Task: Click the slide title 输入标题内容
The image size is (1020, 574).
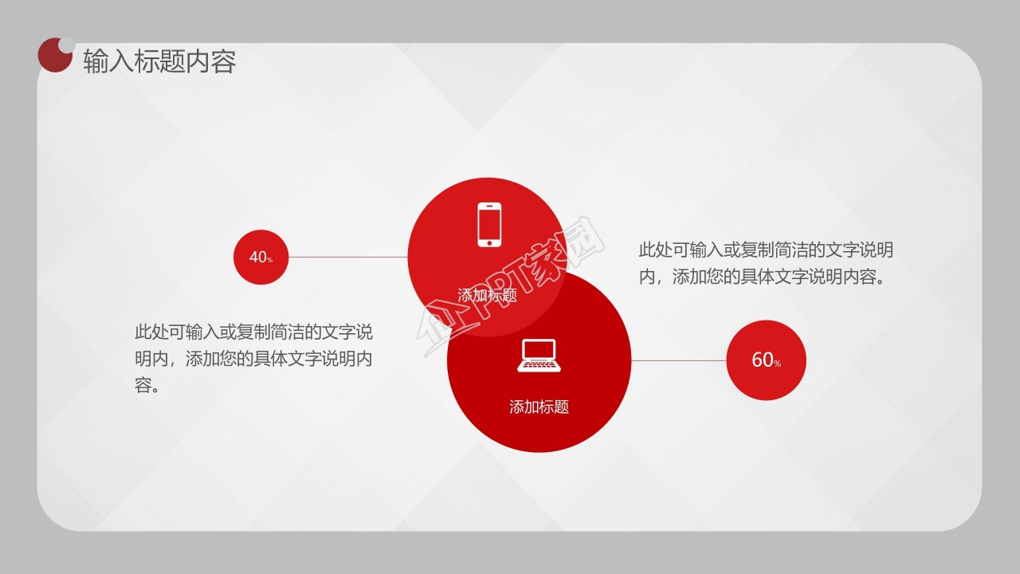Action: (x=159, y=61)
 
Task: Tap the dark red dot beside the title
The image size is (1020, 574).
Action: (x=53, y=57)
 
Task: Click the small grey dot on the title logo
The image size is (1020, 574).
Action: (x=68, y=43)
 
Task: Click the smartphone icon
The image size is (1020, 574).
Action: (x=489, y=224)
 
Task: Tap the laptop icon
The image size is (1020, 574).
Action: (x=539, y=356)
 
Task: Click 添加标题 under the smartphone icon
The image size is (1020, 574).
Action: (x=488, y=295)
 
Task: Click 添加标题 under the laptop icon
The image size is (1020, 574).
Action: (x=539, y=407)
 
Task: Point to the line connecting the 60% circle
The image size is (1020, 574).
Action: (x=678, y=360)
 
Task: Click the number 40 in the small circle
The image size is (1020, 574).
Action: (x=257, y=258)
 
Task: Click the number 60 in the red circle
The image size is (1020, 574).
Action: (x=762, y=360)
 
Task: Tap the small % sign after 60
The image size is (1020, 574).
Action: (x=777, y=364)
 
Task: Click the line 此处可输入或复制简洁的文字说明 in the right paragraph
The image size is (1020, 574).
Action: (x=766, y=250)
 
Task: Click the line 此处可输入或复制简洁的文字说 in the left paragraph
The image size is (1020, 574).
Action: (x=253, y=332)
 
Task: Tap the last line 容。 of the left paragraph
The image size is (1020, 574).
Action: (x=147, y=386)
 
